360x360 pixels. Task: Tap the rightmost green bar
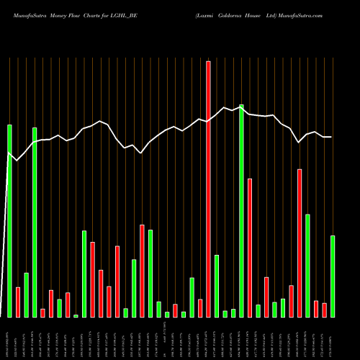tap(333, 276)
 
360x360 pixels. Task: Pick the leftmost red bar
tap(18, 302)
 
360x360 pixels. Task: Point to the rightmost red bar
tap(324, 310)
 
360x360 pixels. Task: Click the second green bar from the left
tap(26, 295)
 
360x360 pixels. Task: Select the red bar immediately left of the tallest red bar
tap(200, 308)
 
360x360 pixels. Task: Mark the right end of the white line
tap(331, 137)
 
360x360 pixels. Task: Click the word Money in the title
tap(63, 14)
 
